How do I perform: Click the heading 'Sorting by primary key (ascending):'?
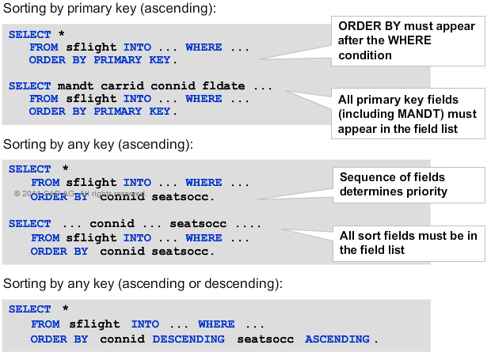point(109,9)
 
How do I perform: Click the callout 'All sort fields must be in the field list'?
point(408,242)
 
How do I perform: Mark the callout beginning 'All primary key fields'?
point(407,114)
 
